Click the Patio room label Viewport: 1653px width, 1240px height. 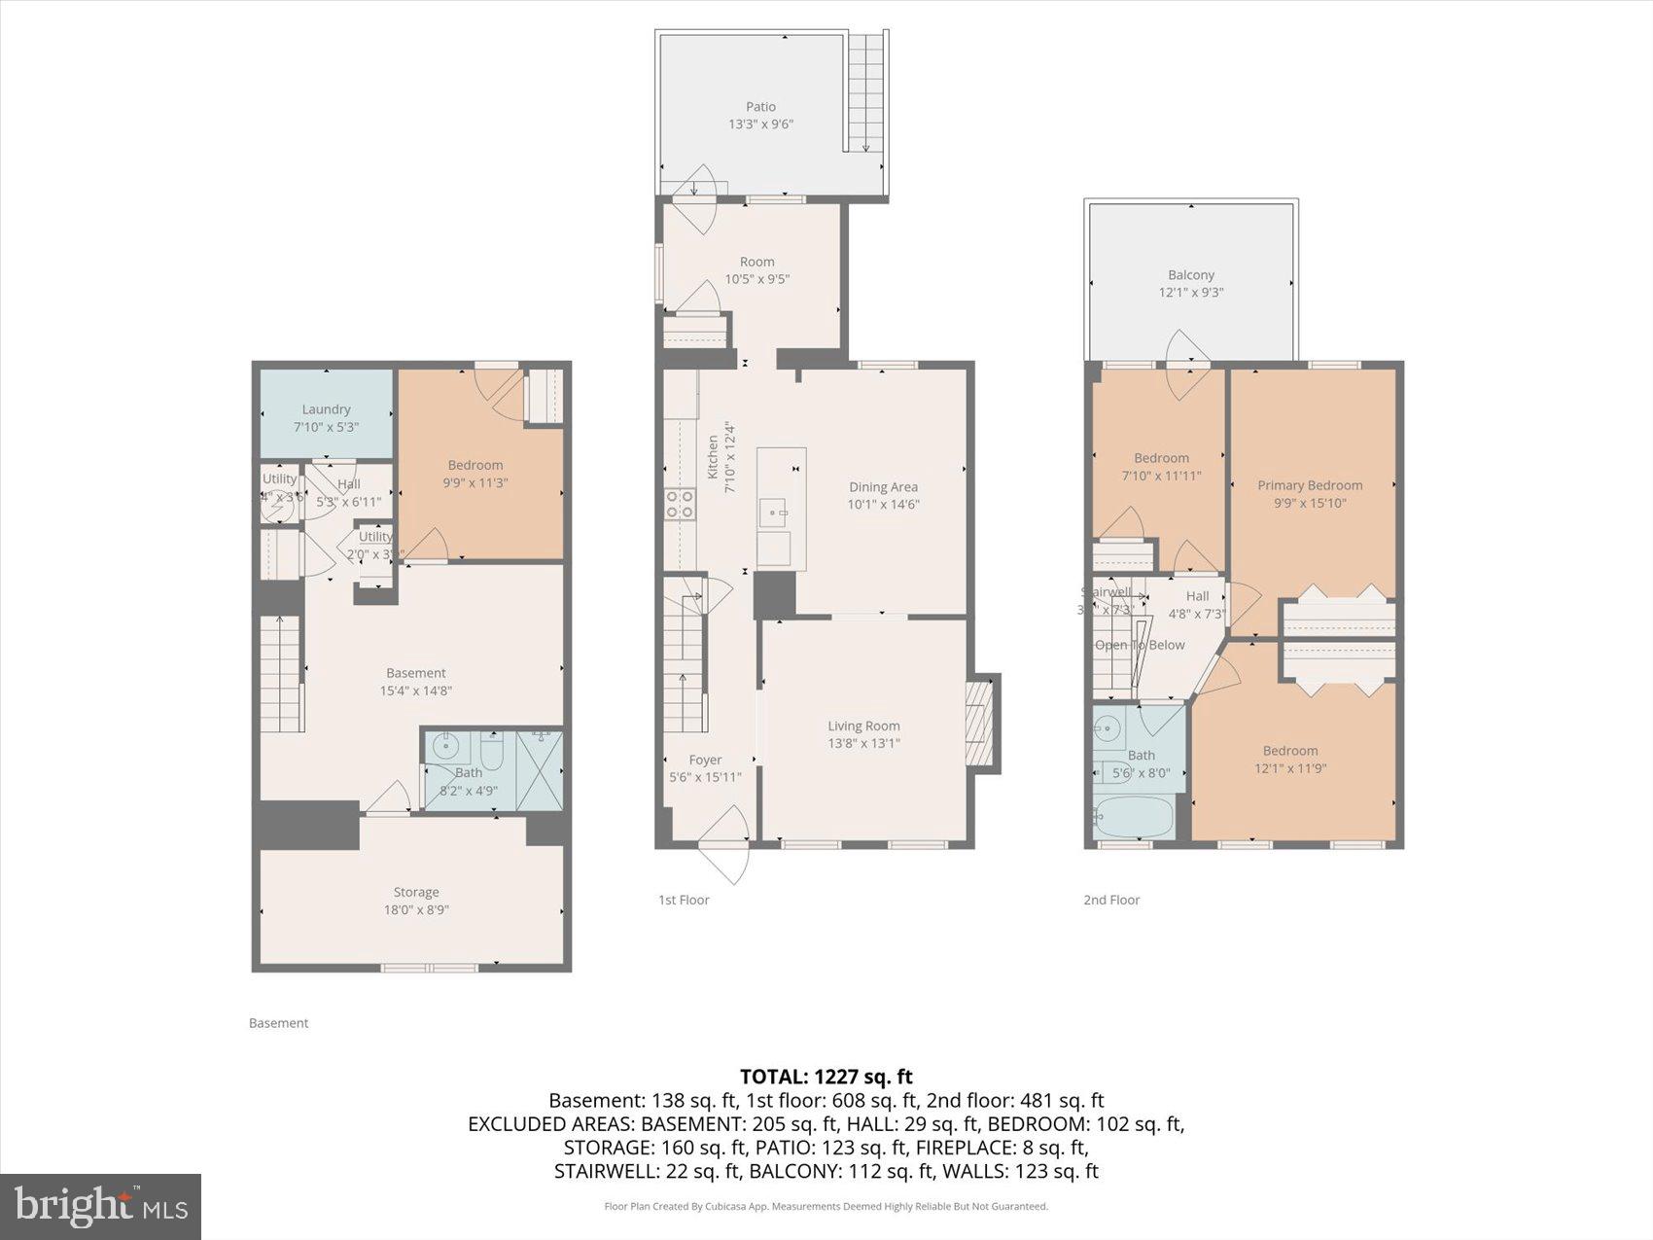[x=760, y=107]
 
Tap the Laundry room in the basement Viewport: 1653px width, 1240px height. [x=326, y=416]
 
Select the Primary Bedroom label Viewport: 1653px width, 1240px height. [x=1310, y=485]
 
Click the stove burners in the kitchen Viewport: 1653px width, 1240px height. [x=679, y=503]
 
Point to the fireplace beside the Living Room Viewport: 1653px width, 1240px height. [x=980, y=724]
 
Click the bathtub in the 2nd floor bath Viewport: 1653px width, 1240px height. [x=1134, y=819]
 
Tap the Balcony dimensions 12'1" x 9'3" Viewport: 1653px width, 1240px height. [x=1190, y=292]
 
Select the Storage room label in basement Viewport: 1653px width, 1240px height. [x=416, y=892]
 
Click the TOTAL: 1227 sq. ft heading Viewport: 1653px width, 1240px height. [x=826, y=1077]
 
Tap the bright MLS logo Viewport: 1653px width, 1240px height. [x=100, y=1207]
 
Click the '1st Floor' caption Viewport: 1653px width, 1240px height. [x=684, y=900]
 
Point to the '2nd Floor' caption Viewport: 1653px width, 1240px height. [x=1111, y=900]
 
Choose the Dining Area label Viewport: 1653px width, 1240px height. [x=883, y=487]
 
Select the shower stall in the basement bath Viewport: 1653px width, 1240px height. [x=540, y=770]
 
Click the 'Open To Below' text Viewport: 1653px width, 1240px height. [x=1140, y=645]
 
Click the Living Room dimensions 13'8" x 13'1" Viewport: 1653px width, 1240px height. [x=863, y=743]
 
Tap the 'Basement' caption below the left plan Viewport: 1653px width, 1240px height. [x=278, y=1023]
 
